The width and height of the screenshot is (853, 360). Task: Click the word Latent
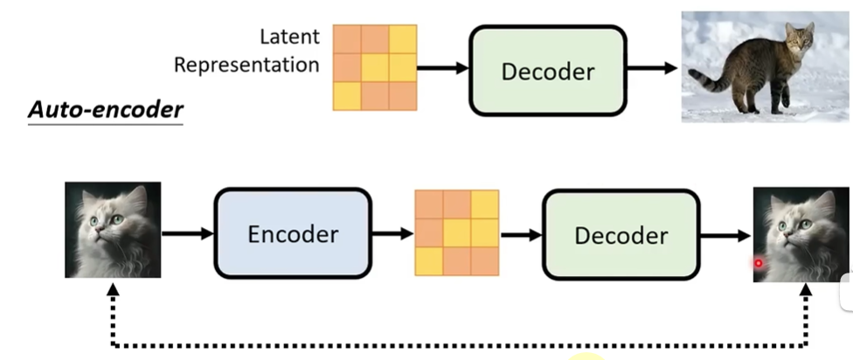[x=289, y=38]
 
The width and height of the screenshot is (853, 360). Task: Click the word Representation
[x=246, y=65]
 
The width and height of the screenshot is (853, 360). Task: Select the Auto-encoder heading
[x=106, y=110]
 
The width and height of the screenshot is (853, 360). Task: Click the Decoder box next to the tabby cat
[x=548, y=70]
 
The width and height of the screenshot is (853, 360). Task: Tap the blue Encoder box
[x=293, y=233]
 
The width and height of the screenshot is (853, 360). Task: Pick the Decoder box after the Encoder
[x=621, y=234]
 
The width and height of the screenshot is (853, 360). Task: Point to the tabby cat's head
[x=798, y=38]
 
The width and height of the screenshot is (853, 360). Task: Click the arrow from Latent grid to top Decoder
[x=444, y=67]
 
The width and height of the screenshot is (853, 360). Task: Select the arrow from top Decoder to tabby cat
[x=654, y=69]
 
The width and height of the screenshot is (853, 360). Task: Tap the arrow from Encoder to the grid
[x=392, y=233]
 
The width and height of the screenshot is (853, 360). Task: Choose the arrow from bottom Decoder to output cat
[x=726, y=234]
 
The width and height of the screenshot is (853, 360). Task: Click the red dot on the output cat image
[x=759, y=262]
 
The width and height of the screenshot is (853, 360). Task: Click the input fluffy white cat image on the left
[x=113, y=230]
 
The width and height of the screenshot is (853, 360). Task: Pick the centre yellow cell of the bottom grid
[x=456, y=232]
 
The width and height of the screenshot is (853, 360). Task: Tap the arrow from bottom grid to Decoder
[x=521, y=234]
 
